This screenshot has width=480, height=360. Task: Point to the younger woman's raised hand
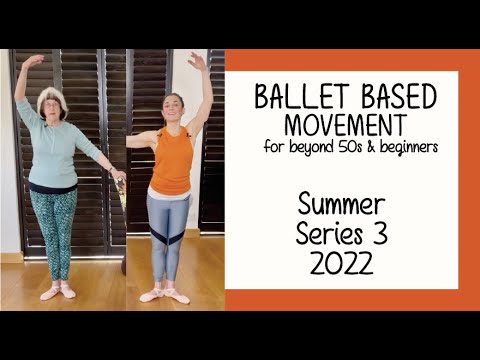click(x=195, y=61)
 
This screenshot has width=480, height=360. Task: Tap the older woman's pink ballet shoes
click(x=58, y=292)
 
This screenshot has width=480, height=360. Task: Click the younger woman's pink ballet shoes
click(x=165, y=295)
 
